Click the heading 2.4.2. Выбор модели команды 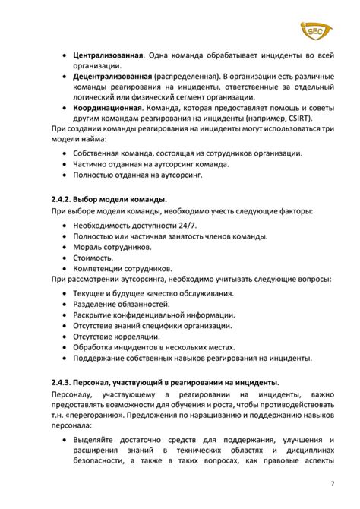coord(109,199)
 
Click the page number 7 coord(333,485)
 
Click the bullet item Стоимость coord(93,258)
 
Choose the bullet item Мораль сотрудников coord(112,247)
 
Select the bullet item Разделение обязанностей coord(122,304)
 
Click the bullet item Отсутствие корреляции coord(116,336)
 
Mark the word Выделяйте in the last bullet coord(96,441)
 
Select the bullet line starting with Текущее coord(153,293)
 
